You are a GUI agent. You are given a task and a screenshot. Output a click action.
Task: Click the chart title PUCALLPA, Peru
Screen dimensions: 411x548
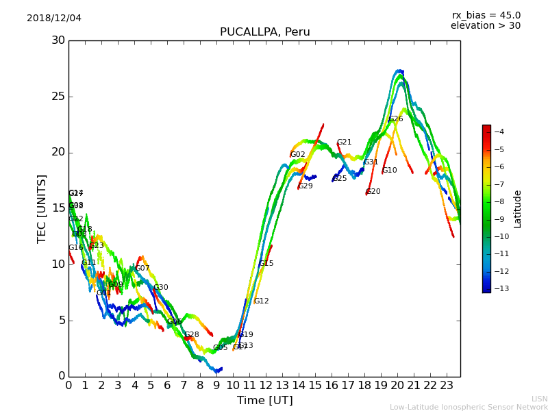coord(264,32)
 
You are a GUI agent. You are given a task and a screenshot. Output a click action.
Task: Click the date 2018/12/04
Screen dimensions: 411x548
coord(54,18)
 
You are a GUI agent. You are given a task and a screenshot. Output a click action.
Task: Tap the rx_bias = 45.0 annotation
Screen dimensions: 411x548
coord(486,15)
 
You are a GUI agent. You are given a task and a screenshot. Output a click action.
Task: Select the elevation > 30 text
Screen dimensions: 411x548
coord(485,26)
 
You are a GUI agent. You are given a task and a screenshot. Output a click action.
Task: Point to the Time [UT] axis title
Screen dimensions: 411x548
coord(264,401)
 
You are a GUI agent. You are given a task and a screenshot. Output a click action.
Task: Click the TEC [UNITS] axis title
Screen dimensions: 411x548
coord(42,208)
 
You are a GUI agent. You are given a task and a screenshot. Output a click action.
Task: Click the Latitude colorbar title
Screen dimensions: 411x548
coord(518,209)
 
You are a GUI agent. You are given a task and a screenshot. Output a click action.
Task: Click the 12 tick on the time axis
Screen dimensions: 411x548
coord(266,385)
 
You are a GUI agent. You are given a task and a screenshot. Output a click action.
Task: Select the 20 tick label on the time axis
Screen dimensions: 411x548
coord(397,385)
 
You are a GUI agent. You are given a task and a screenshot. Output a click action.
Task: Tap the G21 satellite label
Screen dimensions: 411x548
coord(344,142)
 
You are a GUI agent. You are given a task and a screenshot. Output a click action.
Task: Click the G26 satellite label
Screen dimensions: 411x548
coord(396,119)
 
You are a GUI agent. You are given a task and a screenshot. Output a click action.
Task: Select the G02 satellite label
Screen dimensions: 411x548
coord(298,155)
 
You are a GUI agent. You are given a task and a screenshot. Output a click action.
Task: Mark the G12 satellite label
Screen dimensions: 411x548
coord(262,301)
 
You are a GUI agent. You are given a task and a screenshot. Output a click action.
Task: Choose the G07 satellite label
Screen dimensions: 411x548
coord(142,269)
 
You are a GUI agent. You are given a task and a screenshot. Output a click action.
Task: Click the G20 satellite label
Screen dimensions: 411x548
coord(373,192)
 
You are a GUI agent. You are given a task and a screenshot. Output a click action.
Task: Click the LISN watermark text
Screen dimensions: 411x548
coord(539,399)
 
